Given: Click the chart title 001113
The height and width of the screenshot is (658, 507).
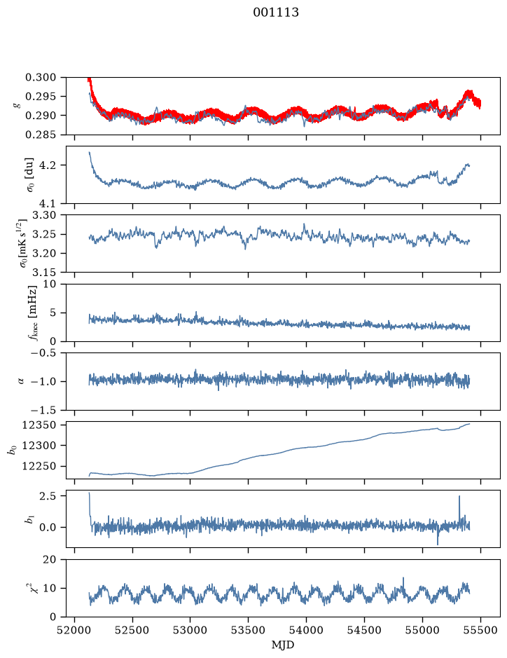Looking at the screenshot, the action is point(276,13).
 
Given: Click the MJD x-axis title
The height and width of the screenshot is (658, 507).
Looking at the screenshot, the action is point(283,645).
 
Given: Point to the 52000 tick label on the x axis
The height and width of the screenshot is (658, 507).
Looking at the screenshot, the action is point(75,630).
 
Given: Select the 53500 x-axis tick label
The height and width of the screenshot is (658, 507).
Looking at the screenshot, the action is point(249,630).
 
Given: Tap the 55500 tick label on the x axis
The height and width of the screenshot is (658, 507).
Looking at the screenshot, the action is point(480,630).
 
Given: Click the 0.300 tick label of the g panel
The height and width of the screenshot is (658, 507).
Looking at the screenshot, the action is point(41,77).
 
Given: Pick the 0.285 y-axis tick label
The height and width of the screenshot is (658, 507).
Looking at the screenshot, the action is point(41,135).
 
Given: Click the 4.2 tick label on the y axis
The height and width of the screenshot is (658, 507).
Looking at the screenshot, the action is point(47,165).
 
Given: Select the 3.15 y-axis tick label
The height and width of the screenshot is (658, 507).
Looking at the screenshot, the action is point(44,273).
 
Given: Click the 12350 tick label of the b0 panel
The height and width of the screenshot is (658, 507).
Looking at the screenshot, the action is point(39,425).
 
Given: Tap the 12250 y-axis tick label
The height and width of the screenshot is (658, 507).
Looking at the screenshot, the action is point(39,466).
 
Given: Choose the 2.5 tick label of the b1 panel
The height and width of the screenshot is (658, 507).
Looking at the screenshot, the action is point(48,496).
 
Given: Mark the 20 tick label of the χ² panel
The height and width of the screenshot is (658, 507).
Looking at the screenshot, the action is point(50,560).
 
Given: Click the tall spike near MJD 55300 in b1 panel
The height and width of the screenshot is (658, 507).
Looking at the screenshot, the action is point(459,497).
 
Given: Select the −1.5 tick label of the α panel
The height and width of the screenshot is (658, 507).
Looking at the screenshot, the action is point(41,410).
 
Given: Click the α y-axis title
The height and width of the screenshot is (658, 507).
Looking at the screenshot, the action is point(21,381).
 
